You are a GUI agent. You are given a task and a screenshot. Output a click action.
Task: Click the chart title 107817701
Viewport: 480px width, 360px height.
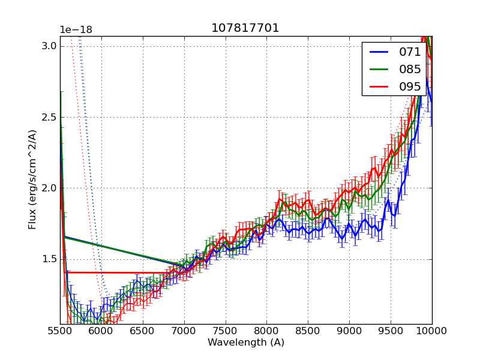pos(245,28)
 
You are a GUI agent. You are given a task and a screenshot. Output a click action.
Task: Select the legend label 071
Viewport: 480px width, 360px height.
pos(410,52)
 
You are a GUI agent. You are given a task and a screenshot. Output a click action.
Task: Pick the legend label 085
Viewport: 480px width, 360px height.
pos(410,70)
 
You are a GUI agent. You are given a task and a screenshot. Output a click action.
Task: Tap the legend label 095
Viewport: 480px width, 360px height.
pos(410,87)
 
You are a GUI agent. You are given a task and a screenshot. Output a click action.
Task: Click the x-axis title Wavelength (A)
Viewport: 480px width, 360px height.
pos(246,343)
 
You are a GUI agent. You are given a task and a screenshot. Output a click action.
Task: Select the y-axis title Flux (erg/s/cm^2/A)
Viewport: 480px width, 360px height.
pos(32,179)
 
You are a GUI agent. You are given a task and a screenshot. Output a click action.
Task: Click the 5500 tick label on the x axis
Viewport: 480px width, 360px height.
pos(60,331)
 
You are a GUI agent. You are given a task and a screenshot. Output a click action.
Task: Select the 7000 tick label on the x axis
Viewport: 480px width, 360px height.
pos(184,331)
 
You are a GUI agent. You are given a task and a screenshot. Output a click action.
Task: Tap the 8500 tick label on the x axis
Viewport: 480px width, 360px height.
pos(308,331)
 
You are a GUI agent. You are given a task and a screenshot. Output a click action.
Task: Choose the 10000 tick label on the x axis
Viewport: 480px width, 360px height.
pos(432,331)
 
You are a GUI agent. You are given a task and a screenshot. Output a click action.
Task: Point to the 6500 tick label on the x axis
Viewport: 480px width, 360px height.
pos(143,331)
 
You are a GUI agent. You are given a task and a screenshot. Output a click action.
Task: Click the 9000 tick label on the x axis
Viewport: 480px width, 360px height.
pos(349,331)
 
